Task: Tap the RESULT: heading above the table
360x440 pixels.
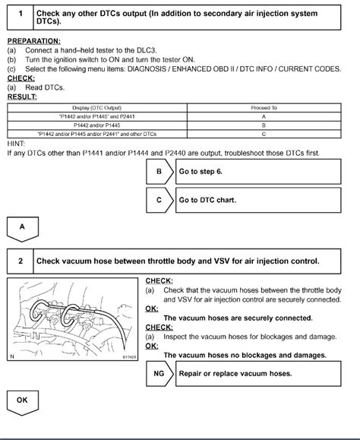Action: click(x=22, y=97)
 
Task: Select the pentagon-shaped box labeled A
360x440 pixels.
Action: click(x=22, y=226)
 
